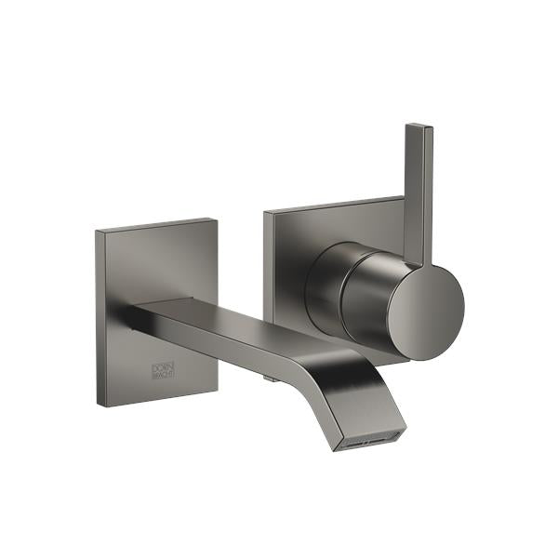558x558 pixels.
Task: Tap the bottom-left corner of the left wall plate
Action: pos(98,405)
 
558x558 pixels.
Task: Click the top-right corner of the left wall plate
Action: pos(217,219)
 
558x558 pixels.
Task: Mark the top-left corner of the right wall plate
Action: pos(265,213)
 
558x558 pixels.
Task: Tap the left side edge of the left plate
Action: pos(100,316)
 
